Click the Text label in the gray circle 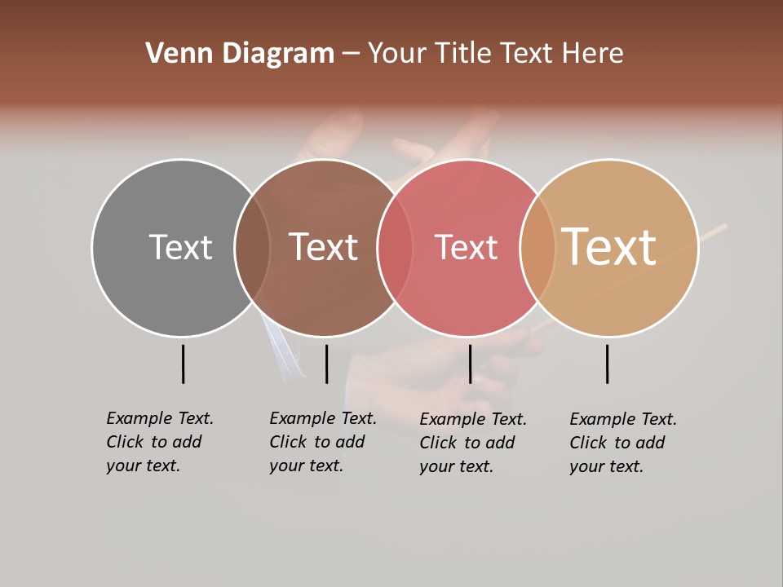180,247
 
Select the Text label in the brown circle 324,247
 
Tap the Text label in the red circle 466,248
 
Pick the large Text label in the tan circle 609,246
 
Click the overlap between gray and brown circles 252,248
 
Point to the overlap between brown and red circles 395,248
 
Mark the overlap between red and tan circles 537,248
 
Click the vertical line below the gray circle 183,364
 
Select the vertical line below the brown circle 326,364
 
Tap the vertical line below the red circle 470,364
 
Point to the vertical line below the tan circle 607,364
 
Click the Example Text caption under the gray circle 159,442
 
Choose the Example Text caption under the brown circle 322,442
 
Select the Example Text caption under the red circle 472,443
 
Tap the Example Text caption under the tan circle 622,443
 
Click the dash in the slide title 351,54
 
